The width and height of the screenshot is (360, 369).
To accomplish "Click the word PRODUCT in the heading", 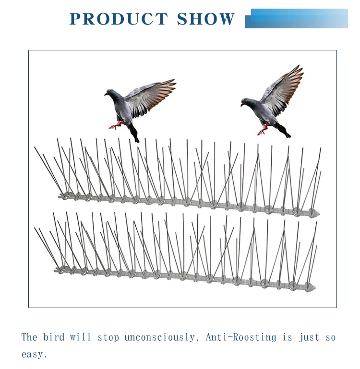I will (118, 19).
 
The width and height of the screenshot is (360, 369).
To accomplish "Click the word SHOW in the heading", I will (206, 19).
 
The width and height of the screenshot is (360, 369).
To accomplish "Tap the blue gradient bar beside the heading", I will (298, 18).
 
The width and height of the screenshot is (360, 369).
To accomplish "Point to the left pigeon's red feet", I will (116, 126).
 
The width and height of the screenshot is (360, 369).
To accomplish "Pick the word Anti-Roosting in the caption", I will (241, 337).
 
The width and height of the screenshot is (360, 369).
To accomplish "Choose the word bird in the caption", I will (54, 337).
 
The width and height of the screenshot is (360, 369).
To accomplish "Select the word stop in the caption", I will (108, 337).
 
